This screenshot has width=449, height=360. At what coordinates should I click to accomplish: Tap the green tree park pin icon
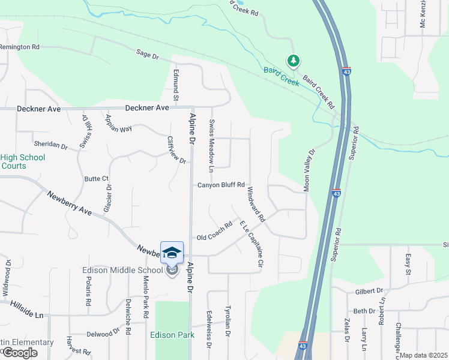(x=293, y=61)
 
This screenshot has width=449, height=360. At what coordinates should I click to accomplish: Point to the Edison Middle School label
(x=122, y=270)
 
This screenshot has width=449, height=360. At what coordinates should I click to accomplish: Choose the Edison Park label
(x=175, y=335)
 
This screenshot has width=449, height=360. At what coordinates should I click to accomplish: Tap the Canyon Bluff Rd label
(x=221, y=185)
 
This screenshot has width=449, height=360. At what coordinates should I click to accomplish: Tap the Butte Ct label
(x=96, y=178)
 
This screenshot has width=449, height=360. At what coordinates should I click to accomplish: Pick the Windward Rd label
(x=256, y=205)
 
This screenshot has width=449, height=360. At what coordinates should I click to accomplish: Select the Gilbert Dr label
(x=369, y=290)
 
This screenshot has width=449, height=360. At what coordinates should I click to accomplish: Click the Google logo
(x=19, y=353)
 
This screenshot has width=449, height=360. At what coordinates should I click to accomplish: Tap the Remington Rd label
(x=20, y=46)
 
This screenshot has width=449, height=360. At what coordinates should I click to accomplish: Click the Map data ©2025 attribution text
(x=423, y=355)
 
